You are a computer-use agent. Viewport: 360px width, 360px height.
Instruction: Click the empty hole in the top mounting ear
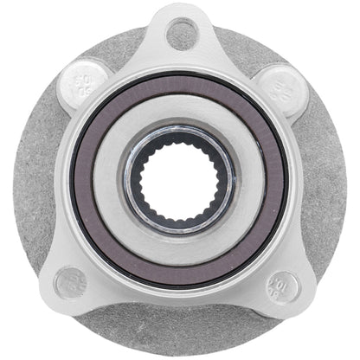click(x=180, y=33)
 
